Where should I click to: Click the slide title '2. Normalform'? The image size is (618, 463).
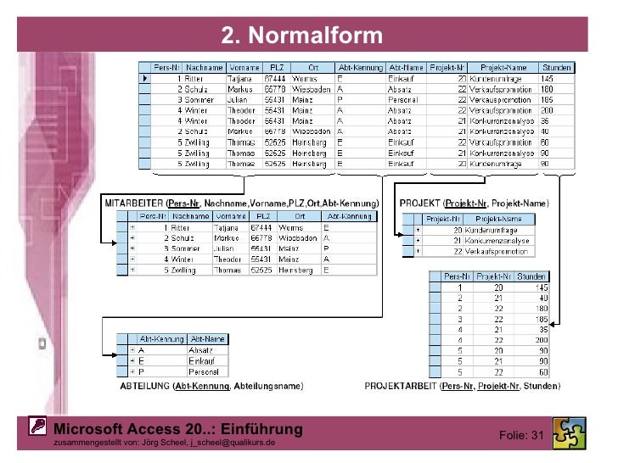302,36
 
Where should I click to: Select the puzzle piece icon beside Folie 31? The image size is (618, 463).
568,432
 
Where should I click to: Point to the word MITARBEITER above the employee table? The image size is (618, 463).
133,204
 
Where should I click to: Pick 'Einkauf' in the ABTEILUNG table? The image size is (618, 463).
204,360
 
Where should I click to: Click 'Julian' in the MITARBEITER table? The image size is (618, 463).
224,248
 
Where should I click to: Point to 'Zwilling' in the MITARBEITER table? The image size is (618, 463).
182,271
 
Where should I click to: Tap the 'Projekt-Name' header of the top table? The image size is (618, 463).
503,67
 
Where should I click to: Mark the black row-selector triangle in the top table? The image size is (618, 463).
146,79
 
